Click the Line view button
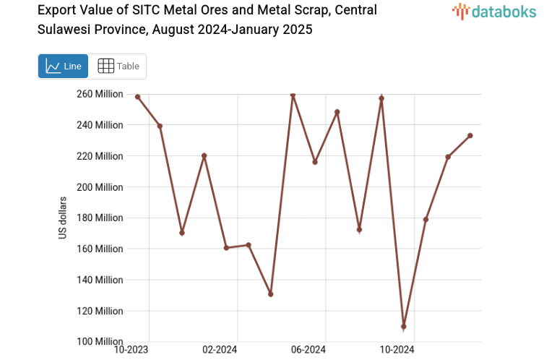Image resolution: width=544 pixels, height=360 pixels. click(x=63, y=66)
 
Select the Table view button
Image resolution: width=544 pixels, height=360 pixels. click(x=118, y=66)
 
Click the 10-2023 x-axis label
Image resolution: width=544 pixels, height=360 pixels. click(x=131, y=350)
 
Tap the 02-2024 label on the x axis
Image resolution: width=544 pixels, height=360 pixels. click(x=220, y=350)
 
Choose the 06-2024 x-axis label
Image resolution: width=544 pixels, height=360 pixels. click(x=308, y=350)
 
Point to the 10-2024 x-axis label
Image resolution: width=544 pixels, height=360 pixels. click(x=397, y=350)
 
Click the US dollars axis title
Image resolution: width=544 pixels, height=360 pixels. click(x=63, y=218)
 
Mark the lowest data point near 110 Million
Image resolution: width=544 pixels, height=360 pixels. click(x=404, y=327)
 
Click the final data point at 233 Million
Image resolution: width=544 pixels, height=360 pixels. click(x=470, y=135)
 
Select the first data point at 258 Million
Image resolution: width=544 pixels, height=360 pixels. click(x=137, y=97)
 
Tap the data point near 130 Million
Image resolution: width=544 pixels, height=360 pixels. click(x=270, y=294)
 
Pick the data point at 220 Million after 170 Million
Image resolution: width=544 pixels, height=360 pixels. click(x=204, y=155)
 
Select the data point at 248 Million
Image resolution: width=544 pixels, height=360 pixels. click(x=337, y=112)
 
